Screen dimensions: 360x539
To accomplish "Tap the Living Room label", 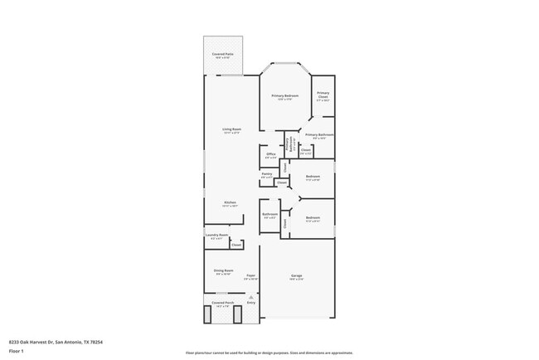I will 231,130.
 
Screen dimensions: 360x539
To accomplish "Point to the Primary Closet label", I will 323,95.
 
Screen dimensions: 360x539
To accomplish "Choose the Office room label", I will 270,155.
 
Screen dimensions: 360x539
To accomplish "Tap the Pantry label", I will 267,175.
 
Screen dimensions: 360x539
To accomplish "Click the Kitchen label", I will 231,203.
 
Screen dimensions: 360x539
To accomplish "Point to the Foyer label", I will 250,277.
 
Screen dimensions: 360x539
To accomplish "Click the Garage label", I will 296,277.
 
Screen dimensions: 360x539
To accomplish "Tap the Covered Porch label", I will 222,304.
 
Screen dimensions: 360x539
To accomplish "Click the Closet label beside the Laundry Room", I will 236,245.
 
